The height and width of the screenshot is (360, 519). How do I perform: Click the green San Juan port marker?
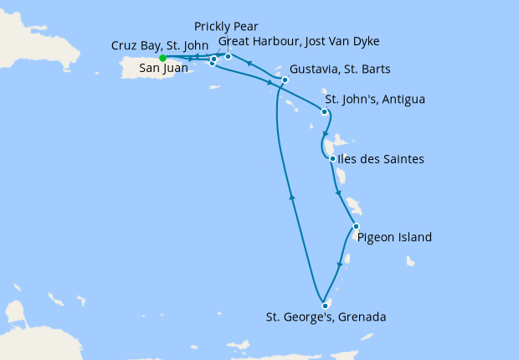pos(162,58)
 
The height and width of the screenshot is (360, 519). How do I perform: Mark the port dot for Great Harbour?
pos(228,56)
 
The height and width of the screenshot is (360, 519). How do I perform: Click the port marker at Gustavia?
pos(285,80)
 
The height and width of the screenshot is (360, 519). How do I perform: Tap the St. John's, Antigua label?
pos(375,100)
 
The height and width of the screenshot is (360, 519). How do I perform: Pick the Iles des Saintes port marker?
pos(333,159)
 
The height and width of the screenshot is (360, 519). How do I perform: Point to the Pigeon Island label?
pos(394,237)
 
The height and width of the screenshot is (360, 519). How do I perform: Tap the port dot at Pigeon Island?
pos(356,227)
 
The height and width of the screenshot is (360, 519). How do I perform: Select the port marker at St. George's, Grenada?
pos(324,306)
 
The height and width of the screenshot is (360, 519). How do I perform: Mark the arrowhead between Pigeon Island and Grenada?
pos(339,265)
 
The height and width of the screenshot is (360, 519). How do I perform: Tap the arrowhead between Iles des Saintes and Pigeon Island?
pos(338,193)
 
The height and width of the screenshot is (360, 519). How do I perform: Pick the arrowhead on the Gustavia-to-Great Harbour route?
pos(249,63)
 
